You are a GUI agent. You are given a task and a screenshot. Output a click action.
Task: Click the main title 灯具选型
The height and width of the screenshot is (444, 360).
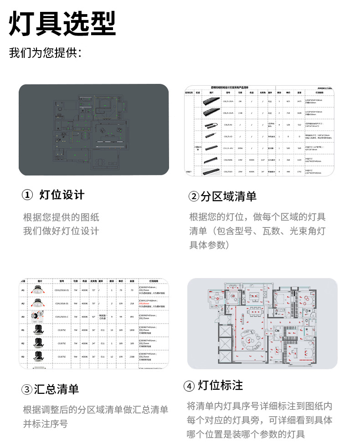click(x=62, y=23)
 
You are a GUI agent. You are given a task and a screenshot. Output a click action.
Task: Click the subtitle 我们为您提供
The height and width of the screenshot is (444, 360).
click(x=45, y=53)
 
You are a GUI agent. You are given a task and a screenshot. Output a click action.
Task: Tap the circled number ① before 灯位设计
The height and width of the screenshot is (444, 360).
click(x=27, y=195)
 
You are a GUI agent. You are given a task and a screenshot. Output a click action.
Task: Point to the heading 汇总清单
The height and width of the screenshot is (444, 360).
click(x=56, y=389)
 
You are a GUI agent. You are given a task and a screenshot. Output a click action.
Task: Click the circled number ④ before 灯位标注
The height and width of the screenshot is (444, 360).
click(x=189, y=386)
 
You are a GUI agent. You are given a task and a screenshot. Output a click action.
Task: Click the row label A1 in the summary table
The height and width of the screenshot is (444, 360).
click(x=23, y=290)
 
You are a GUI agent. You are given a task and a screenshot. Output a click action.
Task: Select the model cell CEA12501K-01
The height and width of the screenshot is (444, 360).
click(x=62, y=290)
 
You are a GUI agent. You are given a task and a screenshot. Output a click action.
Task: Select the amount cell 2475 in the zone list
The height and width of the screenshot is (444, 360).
click(x=299, y=101)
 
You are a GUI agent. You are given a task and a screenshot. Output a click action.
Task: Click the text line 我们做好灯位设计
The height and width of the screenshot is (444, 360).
click(x=61, y=231)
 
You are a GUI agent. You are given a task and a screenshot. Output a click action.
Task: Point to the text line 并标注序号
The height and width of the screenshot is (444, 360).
click(x=46, y=423)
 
